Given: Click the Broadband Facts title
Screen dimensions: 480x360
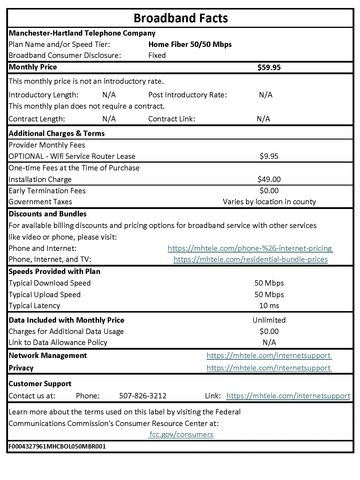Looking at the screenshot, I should tap(180, 17).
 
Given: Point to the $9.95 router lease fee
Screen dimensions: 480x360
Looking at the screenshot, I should tap(268, 156).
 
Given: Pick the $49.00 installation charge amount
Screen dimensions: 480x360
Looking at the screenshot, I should tap(268, 178).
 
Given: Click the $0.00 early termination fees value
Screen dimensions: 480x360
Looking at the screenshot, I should tap(268, 189).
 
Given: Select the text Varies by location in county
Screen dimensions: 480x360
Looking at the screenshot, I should tap(268, 200).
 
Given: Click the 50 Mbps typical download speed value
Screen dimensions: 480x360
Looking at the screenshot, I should tap(268, 284).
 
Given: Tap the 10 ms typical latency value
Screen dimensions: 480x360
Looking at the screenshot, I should tap(268, 306).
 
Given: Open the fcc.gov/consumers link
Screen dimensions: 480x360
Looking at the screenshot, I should tap(180, 435).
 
